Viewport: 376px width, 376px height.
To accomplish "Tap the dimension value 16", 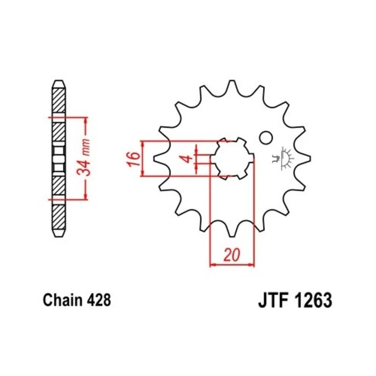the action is pos(134,158).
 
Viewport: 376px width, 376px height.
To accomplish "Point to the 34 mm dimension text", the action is pos(84,158).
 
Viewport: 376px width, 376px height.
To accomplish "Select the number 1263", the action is pos(313,300).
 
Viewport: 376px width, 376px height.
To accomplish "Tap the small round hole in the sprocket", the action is pos(266,138).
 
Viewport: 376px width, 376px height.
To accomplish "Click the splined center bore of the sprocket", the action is pos(232,158).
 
